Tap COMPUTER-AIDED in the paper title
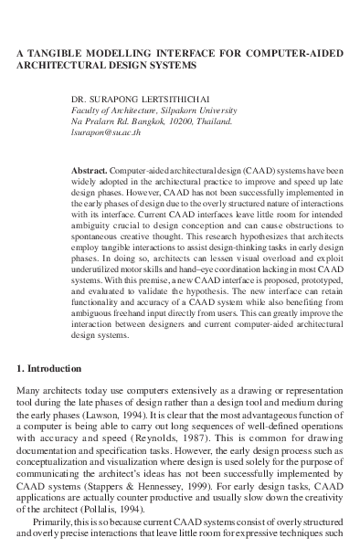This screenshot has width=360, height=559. click(294, 54)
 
